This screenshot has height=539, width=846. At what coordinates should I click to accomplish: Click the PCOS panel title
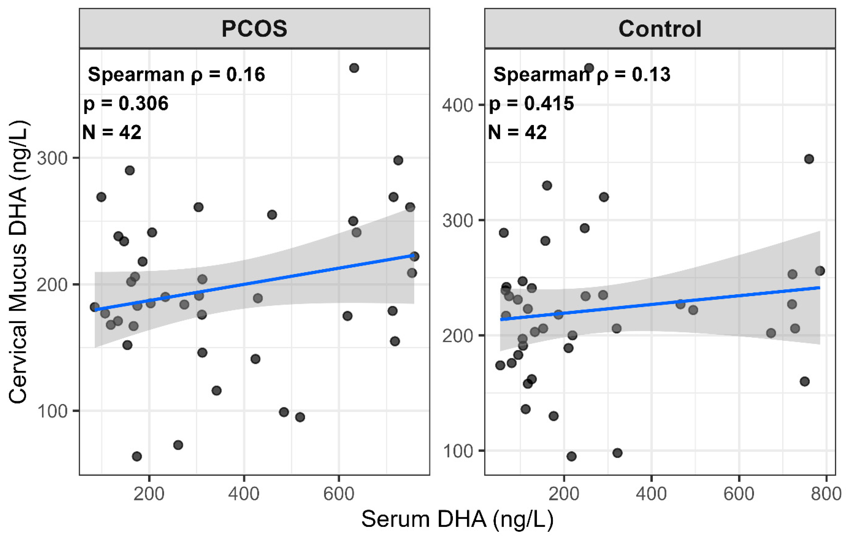point(254,29)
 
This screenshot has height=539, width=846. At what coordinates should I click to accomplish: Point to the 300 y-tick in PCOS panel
point(52,158)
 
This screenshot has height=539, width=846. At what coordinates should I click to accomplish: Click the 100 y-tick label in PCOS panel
point(52,411)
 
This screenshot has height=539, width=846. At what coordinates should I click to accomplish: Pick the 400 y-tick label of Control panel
point(457,105)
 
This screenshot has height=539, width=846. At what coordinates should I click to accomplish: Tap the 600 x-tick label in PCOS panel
point(339,494)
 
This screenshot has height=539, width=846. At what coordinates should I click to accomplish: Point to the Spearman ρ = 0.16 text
point(176,74)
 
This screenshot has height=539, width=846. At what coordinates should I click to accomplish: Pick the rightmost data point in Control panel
point(820,271)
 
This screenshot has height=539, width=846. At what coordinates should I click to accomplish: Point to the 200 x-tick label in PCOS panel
point(149,494)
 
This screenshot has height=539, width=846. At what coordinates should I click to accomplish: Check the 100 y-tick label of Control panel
point(457,451)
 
